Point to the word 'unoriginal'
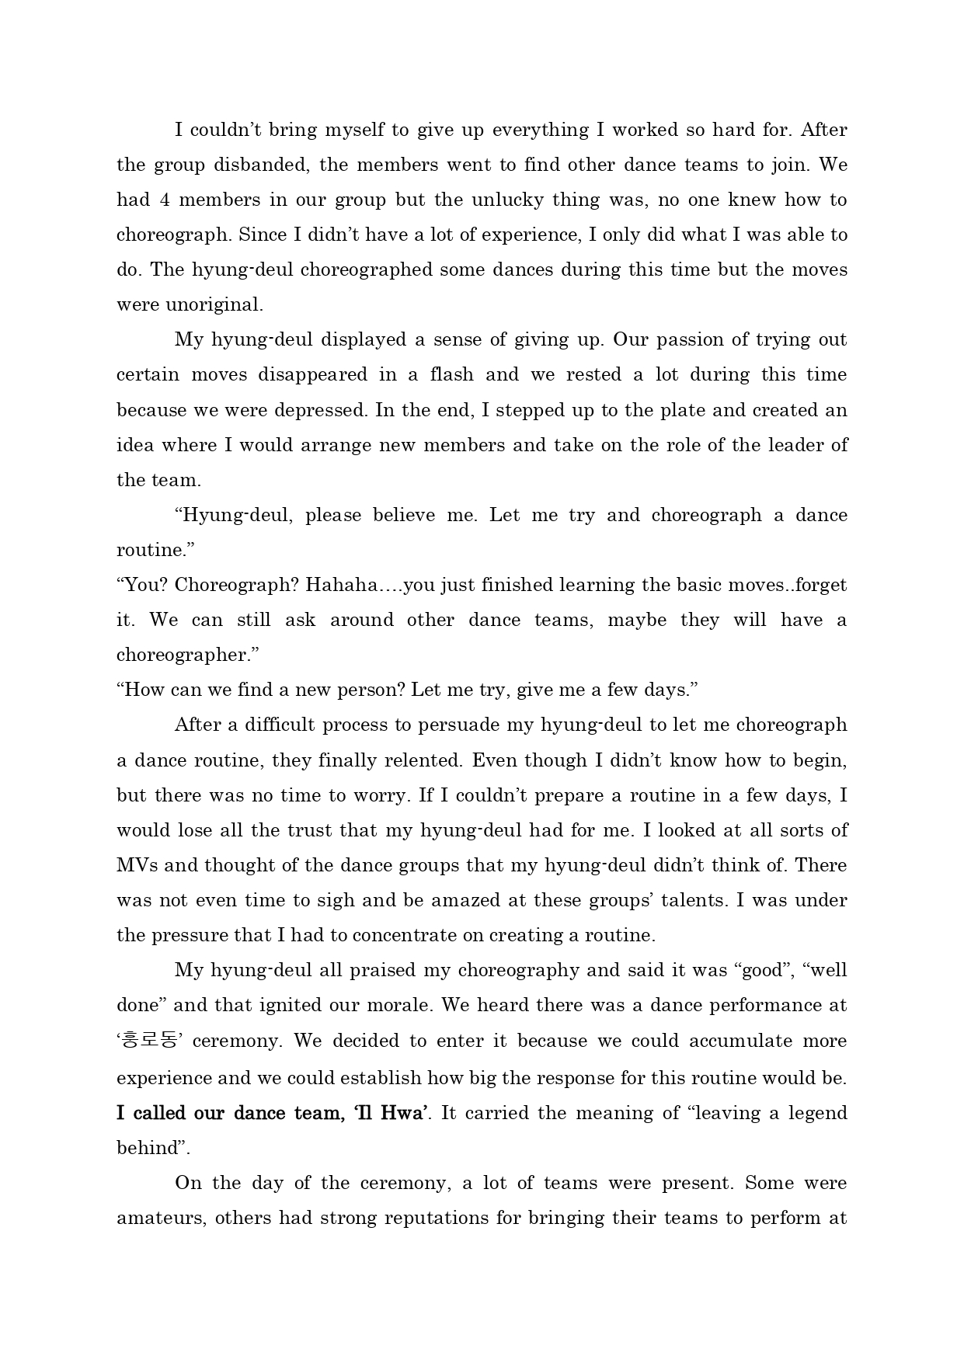point(190,304)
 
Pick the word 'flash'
point(451,374)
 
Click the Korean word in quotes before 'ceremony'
point(150,1041)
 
